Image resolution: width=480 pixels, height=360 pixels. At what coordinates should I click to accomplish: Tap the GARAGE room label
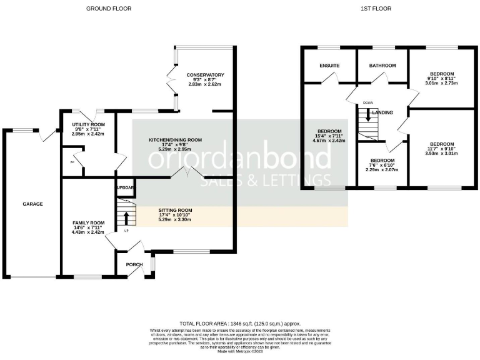[33, 204]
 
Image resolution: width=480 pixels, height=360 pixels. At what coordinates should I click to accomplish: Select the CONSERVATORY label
[205, 76]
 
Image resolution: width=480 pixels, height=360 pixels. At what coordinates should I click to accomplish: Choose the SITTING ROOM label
[175, 210]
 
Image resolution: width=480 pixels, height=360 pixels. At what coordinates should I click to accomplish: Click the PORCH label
[134, 264]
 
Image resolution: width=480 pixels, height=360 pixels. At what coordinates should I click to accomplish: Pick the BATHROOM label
[382, 65]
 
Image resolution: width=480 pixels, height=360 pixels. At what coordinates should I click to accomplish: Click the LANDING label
[382, 112]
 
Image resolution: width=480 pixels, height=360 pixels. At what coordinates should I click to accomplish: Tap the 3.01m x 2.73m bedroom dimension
[441, 83]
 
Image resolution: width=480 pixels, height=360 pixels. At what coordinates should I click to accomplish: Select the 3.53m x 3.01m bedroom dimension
[441, 154]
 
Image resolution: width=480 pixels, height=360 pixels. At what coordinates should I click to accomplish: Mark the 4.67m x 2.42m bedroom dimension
[329, 141]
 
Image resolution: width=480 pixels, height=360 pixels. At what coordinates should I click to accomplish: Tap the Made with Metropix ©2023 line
[240, 351]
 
